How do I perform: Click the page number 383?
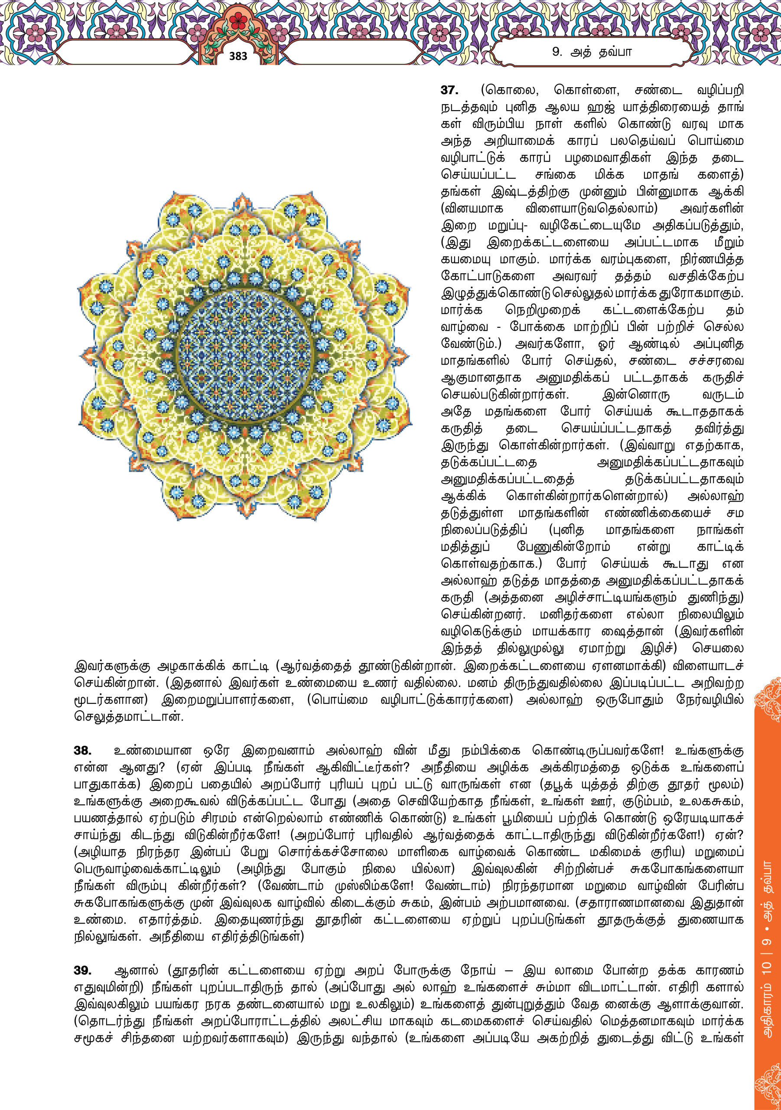click(238, 56)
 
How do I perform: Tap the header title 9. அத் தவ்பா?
click(592, 52)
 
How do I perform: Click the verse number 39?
click(83, 970)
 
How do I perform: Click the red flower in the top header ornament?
click(238, 21)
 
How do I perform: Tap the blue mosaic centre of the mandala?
click(244, 356)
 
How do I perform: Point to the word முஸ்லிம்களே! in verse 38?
click(374, 886)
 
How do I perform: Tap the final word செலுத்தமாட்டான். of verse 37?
click(129, 716)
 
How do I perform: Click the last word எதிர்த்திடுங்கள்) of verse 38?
click(257, 937)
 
